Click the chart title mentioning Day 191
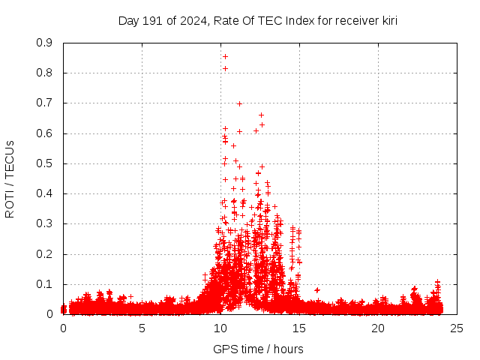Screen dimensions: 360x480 pyautogui.click(x=257, y=20)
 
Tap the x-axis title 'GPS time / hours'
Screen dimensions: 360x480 pyautogui.click(x=257, y=349)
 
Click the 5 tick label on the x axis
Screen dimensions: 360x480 pyautogui.click(x=142, y=328)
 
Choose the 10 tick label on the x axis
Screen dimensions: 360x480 pyautogui.click(x=220, y=328)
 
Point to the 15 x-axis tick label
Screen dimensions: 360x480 pyautogui.click(x=299, y=328)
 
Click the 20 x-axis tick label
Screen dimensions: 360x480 pyautogui.click(x=378, y=328)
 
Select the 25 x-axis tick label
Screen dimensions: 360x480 pyautogui.click(x=457, y=328)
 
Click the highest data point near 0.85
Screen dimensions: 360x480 pyautogui.click(x=225, y=56)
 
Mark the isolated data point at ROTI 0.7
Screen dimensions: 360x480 pyautogui.click(x=239, y=103)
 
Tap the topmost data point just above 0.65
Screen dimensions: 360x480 pyautogui.click(x=261, y=115)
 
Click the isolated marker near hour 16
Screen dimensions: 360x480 pyautogui.click(x=317, y=289)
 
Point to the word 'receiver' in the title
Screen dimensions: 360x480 pyautogui.click(x=350, y=20)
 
